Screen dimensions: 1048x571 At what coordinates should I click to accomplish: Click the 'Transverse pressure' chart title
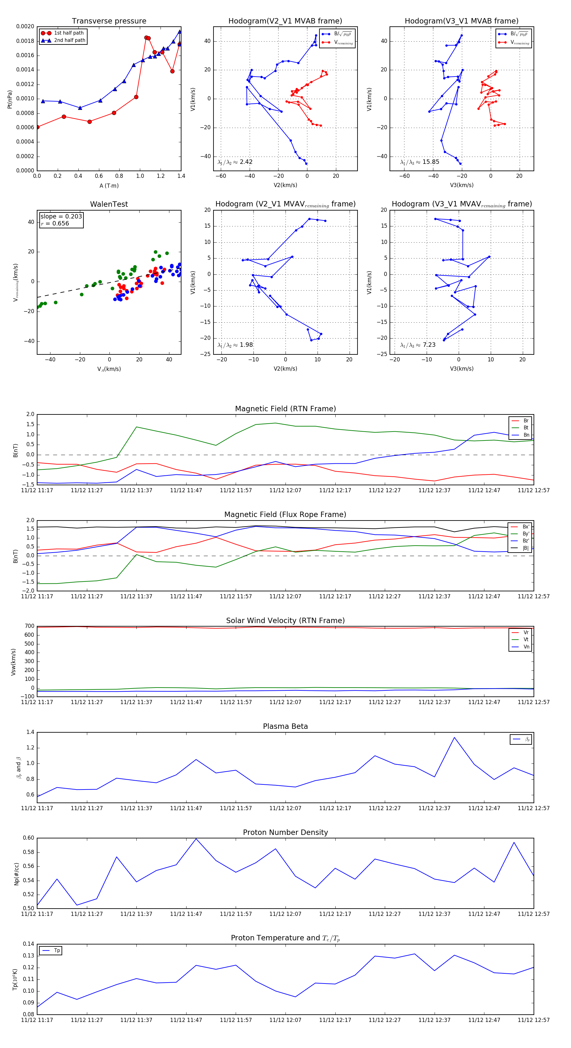[109, 21]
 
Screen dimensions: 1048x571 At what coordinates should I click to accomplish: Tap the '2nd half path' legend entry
[69, 40]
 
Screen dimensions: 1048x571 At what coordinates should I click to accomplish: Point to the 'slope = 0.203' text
[61, 217]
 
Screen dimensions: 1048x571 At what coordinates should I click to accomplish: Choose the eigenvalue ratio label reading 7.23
[418, 345]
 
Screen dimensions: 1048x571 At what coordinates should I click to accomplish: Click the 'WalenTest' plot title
[109, 204]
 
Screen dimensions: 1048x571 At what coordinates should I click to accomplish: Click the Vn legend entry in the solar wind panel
[526, 647]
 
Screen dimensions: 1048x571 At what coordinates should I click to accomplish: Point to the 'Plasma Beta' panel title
[285, 727]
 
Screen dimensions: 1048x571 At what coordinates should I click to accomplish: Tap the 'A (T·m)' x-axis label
[109, 186]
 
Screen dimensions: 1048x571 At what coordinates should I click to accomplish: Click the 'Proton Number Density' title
[285, 832]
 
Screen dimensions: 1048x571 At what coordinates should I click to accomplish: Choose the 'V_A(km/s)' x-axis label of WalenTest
[109, 369]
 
